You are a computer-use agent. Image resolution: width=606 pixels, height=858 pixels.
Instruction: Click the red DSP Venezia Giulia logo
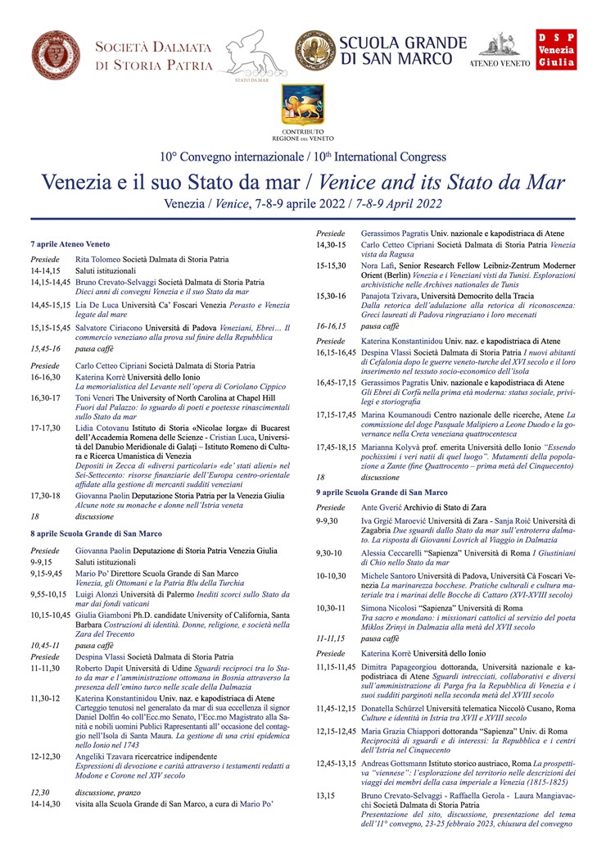coord(557,52)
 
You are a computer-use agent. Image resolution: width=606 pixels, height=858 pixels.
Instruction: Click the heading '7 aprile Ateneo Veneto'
coord(70,244)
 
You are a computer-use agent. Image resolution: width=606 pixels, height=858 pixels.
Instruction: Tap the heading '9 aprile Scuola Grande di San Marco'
coord(382,492)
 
